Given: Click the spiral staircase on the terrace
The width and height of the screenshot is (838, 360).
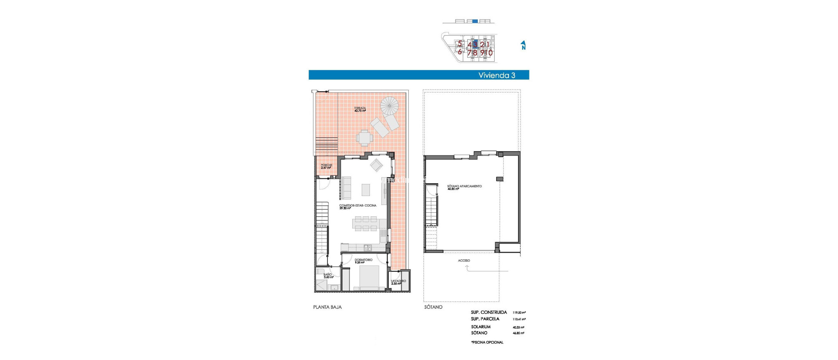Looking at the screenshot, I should [x=389, y=106].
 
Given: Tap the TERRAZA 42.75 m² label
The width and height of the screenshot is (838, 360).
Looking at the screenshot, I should [x=360, y=110].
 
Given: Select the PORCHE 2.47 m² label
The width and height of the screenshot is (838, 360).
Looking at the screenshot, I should [x=326, y=166].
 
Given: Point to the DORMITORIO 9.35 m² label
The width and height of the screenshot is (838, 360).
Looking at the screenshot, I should [x=363, y=261].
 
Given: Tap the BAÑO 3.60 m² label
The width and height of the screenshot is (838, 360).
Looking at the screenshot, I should [x=328, y=276].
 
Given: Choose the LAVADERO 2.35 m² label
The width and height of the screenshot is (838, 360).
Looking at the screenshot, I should [x=398, y=282].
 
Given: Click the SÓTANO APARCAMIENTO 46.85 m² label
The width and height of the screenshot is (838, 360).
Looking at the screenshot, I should [x=464, y=187].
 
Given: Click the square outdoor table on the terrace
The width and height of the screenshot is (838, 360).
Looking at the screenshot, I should [x=364, y=138].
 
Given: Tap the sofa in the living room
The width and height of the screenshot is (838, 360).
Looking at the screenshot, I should [x=347, y=188].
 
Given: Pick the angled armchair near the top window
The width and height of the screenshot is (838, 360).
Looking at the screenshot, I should [x=376, y=165].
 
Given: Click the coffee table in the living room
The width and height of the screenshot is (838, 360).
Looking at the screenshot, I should [x=365, y=190].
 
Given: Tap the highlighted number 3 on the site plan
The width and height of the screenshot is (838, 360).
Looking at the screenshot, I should [x=475, y=44].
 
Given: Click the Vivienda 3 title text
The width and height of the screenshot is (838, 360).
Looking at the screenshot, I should [x=496, y=75].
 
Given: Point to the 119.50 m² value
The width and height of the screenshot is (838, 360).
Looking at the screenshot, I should [x=519, y=313].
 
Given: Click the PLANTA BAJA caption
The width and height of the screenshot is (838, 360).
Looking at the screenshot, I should [x=327, y=307].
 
